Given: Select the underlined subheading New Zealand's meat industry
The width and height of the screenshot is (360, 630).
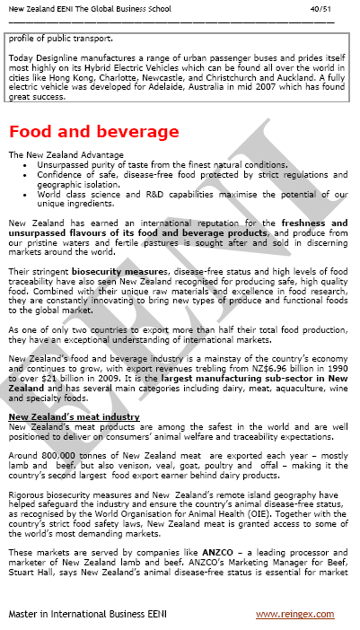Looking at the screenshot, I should click(74, 417).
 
